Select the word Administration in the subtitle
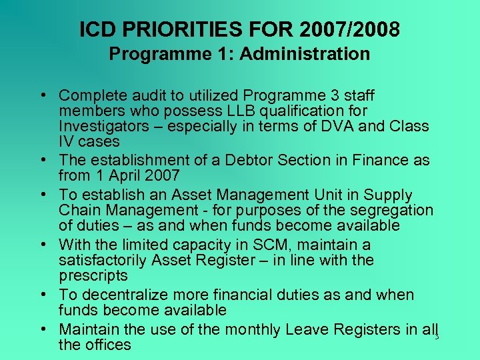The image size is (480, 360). (305, 54)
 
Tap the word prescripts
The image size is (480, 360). (92, 275)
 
